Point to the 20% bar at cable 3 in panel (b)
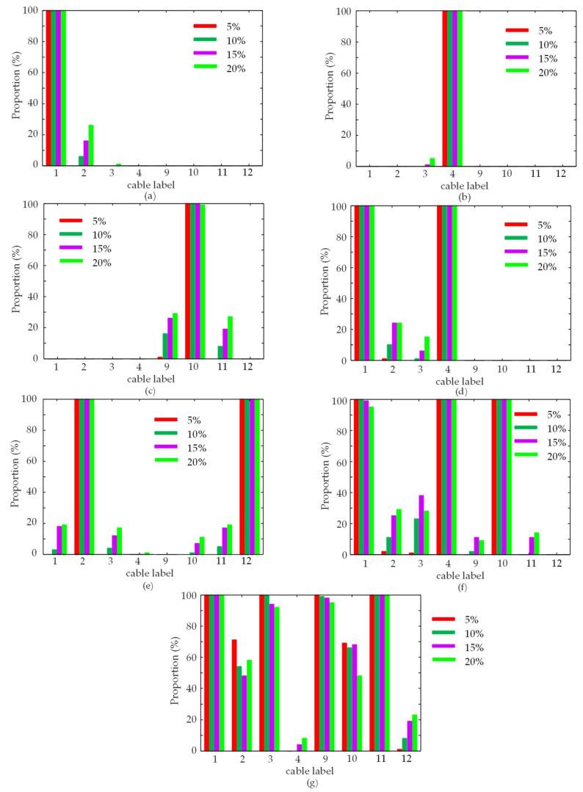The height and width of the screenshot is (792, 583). [432, 161]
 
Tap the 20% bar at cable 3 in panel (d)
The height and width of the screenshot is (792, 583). [427, 348]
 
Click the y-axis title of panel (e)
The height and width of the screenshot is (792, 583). [15, 476]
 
